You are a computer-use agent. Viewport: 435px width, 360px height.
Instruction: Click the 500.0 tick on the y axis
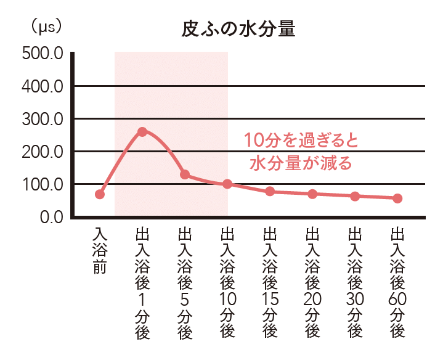click(x=43, y=54)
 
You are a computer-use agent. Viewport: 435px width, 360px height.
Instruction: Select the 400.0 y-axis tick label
click(x=43, y=86)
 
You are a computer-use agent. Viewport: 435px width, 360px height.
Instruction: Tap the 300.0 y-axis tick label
click(x=43, y=119)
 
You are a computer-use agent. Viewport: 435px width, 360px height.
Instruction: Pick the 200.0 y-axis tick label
click(x=43, y=152)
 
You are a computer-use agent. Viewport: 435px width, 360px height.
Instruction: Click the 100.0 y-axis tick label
click(x=43, y=184)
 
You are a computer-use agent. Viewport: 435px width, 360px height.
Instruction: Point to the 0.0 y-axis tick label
click(x=51, y=217)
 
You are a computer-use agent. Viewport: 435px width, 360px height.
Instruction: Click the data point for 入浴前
click(x=100, y=194)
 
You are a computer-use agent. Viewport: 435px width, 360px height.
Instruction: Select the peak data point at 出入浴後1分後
click(x=142, y=131)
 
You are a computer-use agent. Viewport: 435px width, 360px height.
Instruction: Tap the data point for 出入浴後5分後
click(x=185, y=174)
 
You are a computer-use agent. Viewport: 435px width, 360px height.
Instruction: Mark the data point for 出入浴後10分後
click(x=227, y=184)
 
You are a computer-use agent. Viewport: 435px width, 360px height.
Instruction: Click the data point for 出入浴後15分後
click(x=270, y=191)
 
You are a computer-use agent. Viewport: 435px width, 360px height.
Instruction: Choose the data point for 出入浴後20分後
click(x=312, y=194)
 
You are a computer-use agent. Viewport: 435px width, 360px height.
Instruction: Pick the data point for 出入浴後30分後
click(x=355, y=196)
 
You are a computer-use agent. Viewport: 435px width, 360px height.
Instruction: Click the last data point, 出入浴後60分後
click(x=397, y=198)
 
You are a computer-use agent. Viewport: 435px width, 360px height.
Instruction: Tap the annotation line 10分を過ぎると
click(x=301, y=140)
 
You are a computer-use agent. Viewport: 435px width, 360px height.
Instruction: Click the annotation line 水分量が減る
click(x=301, y=163)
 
